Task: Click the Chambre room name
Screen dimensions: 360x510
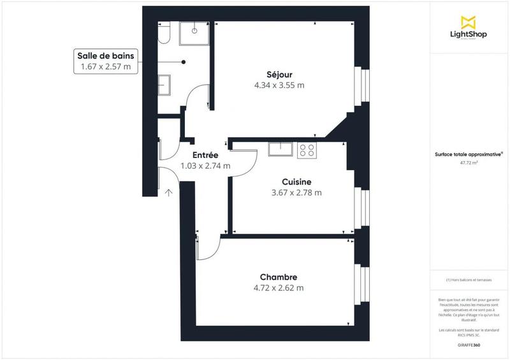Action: point(279,277)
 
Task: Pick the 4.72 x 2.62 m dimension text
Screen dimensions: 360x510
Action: point(279,287)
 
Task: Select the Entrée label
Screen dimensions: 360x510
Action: point(205,155)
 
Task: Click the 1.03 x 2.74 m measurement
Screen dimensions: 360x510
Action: point(205,166)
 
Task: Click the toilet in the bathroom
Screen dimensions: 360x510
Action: point(164,34)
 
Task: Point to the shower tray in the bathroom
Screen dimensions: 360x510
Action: point(194,33)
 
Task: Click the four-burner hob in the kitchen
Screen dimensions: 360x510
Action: point(307,150)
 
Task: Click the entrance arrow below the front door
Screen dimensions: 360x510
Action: point(169,192)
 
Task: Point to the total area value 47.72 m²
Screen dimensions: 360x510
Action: point(469,162)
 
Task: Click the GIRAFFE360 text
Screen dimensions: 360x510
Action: point(469,345)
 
